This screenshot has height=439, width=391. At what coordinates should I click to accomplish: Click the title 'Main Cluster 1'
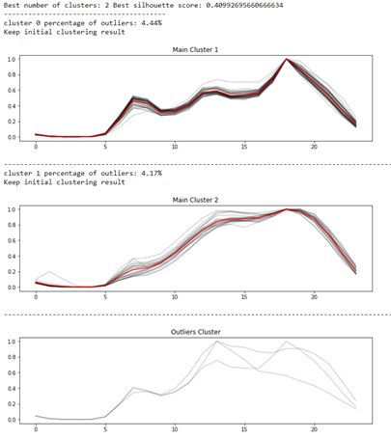coord(195,48)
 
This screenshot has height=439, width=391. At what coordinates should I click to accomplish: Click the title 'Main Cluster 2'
coord(195,200)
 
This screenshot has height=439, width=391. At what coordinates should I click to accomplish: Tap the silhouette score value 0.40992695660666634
coord(267,5)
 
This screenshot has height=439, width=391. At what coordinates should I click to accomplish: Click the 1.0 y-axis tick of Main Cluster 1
coord(14,60)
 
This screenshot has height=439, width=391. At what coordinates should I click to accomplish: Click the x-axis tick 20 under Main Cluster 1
coord(314,148)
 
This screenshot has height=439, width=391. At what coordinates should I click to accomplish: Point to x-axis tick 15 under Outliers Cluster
coord(245,430)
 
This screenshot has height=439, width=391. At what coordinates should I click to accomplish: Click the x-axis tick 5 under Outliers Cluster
coord(105,430)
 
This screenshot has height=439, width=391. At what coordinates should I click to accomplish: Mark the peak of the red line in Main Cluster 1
coord(287,60)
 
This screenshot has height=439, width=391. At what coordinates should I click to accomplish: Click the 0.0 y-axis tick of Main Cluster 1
coord(14,137)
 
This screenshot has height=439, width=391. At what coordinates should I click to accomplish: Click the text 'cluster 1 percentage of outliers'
coord(68,173)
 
